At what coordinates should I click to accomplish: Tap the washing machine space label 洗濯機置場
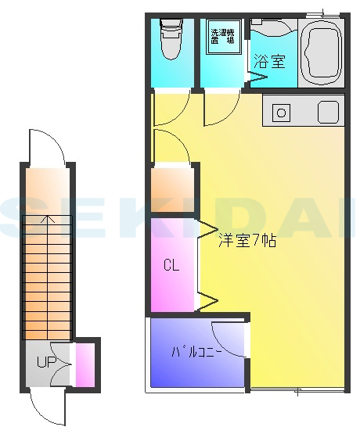pos(222,39)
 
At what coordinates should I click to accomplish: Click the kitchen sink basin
pos(328,112)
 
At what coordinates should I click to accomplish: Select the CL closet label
pos(171,264)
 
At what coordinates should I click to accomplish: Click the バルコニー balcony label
pos(197,351)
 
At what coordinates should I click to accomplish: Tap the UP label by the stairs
pos(45,363)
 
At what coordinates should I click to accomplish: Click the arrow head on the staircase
pos(49,220)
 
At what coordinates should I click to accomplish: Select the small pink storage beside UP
pos(84,364)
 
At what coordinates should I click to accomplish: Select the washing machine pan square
pos(223,41)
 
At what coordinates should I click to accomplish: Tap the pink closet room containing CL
pos(172,266)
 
